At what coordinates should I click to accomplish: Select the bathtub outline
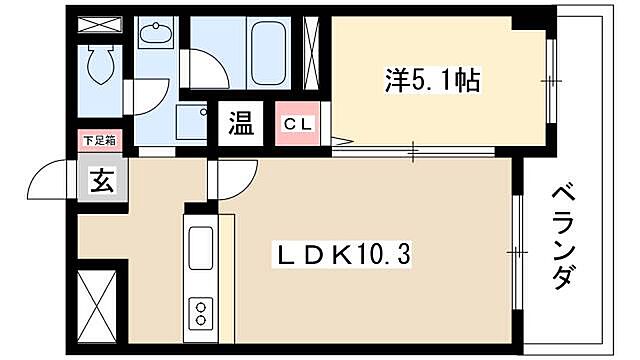pos(270,50)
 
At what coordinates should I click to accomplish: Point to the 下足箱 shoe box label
pos(98,141)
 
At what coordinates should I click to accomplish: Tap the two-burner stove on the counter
pos(200,310)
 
